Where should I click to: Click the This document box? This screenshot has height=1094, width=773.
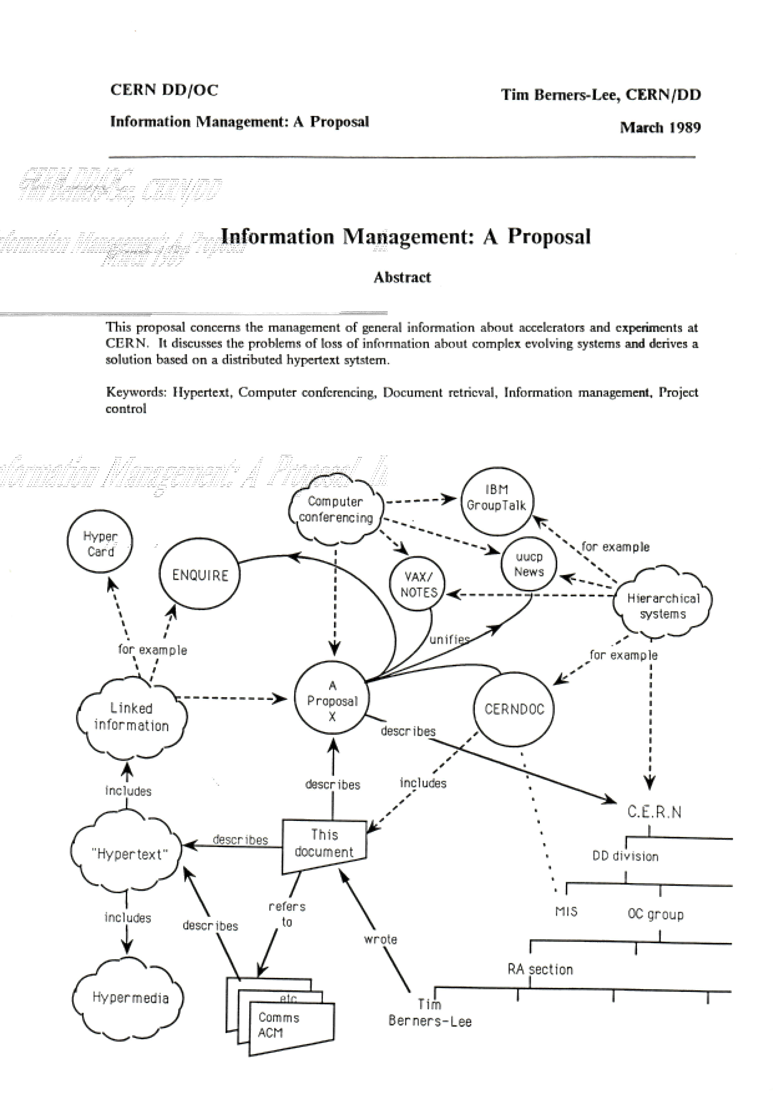point(324,844)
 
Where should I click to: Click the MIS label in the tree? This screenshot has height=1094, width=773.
point(566,911)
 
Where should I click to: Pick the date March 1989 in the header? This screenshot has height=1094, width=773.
point(660,128)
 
